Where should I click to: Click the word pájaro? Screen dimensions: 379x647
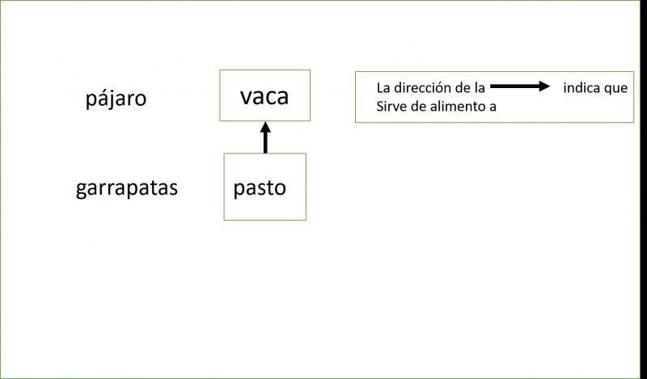pos(116,99)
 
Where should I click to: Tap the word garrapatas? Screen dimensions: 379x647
pos(127,189)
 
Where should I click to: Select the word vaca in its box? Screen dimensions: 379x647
pos(264,96)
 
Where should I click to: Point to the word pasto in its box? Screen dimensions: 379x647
pos(260,187)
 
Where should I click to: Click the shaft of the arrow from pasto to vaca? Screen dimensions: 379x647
pos(264,142)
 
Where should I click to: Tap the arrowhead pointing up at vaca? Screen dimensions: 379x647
pos(264,127)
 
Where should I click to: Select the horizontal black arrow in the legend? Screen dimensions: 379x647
pos(518,87)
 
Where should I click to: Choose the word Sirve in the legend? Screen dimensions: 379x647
pos(392,107)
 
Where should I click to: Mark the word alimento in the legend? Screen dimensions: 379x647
pos(457,107)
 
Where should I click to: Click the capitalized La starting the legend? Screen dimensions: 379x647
pos(383,88)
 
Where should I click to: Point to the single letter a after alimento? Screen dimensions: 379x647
pos(491,107)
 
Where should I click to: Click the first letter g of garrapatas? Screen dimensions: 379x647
pos(81,191)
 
